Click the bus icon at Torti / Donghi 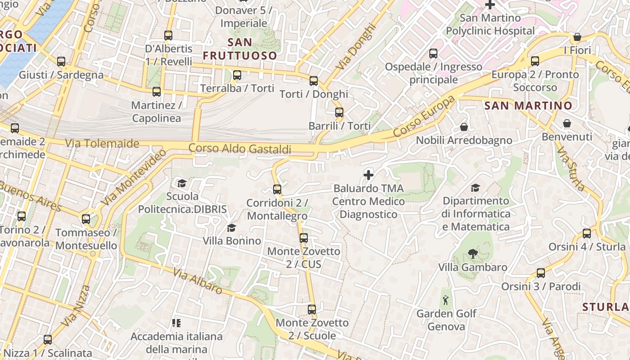[x=314, y=81]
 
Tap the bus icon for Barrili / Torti [x=339, y=112]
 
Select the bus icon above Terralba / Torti [x=237, y=75]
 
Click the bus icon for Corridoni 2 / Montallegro [x=277, y=189]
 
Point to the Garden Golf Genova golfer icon [x=446, y=300]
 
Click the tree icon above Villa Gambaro [x=472, y=254]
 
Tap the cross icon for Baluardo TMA [x=369, y=175]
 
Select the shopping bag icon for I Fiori [x=577, y=37]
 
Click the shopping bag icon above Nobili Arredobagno [x=464, y=127]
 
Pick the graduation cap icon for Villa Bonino [x=231, y=228]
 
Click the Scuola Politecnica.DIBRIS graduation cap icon [x=182, y=183]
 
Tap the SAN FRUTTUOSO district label [x=240, y=49]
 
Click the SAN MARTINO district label [x=528, y=106]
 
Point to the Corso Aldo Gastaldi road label [x=239, y=148]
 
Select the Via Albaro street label [x=198, y=281]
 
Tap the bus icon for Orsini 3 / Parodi [x=541, y=273]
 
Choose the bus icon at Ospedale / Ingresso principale [x=433, y=54]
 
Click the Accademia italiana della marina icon [x=176, y=323]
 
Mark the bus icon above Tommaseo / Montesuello [x=86, y=220]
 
